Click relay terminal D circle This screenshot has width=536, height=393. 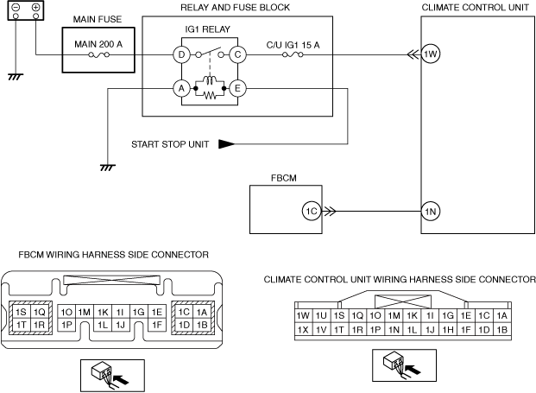coord(181,54)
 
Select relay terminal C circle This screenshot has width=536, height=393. coord(237,54)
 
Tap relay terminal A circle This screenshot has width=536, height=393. coord(181,89)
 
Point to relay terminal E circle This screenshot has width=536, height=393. coord(237,89)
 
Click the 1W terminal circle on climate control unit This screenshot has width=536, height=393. coord(431,54)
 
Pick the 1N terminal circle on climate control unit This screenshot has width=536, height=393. coord(431,212)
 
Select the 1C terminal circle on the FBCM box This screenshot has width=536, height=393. coord(312,212)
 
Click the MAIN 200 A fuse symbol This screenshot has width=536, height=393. coord(99,54)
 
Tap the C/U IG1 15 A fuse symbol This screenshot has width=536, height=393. coord(293,54)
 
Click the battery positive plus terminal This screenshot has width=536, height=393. coord(35,7)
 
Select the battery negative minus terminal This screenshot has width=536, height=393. coord(16,7)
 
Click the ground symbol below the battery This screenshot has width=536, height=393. coord(16,77)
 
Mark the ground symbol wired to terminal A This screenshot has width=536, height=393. coord(108,168)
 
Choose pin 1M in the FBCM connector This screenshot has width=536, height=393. coord(84,312)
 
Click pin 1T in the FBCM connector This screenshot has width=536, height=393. coord(22,324)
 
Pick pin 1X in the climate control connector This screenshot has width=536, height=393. coord(303,329)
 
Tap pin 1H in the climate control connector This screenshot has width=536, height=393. coord(448,329)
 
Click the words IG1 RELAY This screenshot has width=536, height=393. coord(208,29)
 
